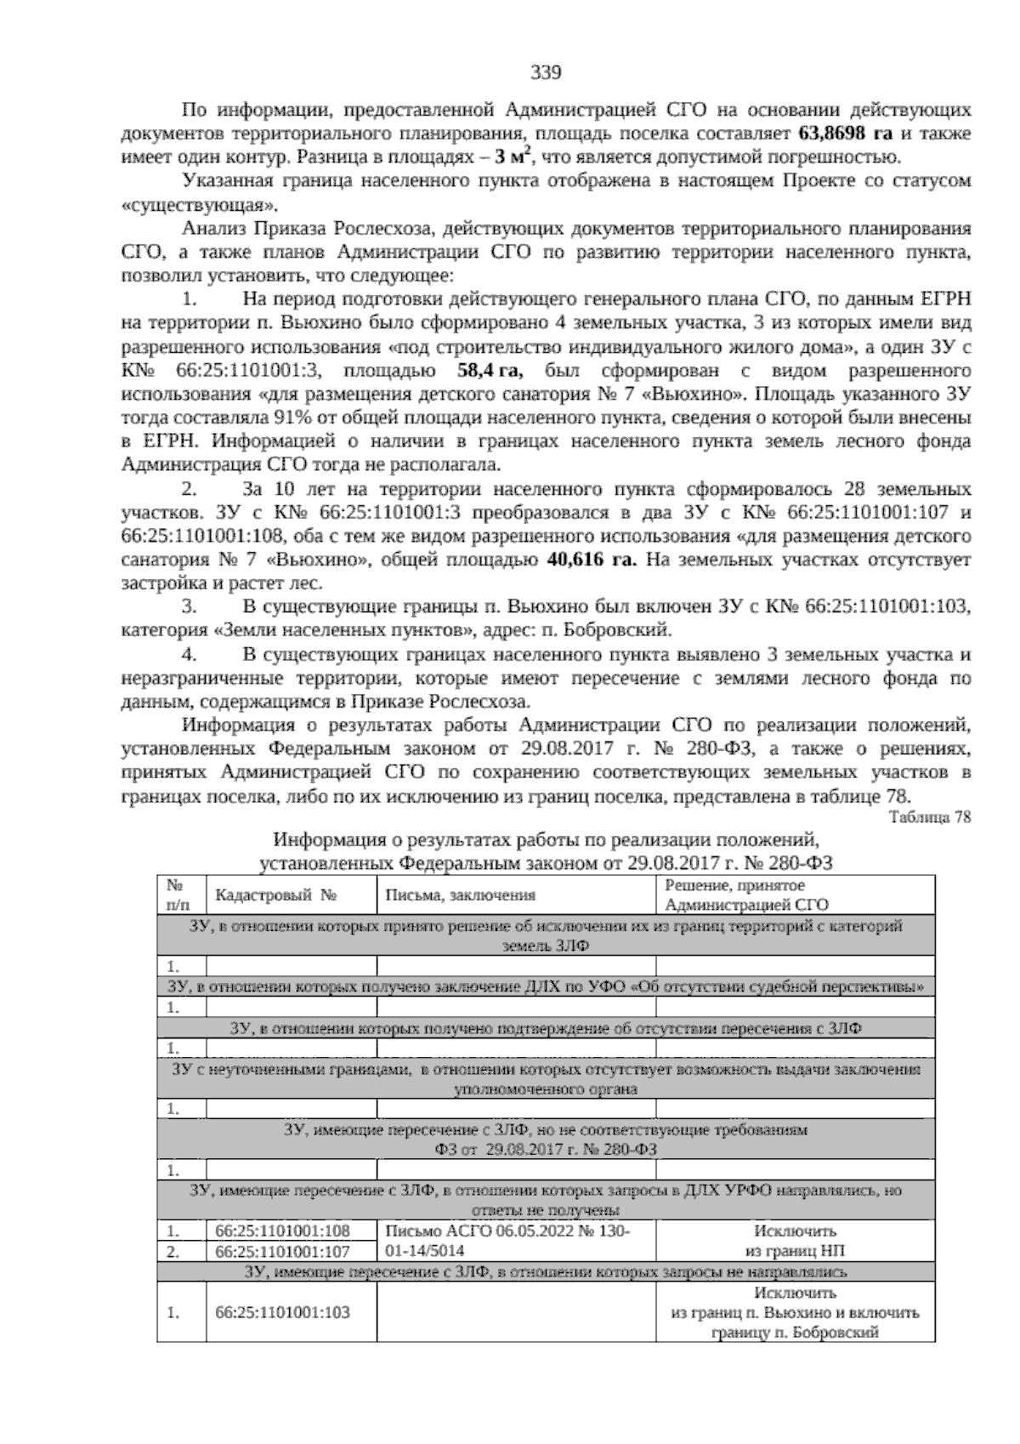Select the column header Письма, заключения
point(460,895)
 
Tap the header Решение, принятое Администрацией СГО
point(746,895)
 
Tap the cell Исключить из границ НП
point(795,1241)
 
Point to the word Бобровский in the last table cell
point(834,1333)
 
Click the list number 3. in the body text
point(190,607)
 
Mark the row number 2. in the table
point(173,1252)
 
